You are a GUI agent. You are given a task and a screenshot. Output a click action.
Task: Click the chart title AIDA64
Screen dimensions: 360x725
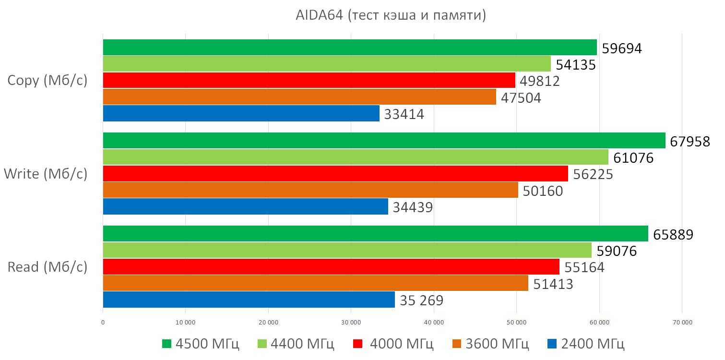coord(391,16)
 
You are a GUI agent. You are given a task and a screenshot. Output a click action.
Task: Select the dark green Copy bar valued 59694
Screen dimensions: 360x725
coord(350,48)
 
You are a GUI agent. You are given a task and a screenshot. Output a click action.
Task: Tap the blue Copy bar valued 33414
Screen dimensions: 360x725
coord(241,113)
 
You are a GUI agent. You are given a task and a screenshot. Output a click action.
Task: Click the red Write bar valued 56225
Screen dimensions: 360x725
coord(335,174)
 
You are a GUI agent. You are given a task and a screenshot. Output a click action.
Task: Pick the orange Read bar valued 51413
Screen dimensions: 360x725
coord(315,283)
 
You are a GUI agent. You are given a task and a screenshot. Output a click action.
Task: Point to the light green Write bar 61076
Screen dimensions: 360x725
coord(356,157)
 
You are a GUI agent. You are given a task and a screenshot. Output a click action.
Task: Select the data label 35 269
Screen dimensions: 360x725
coord(421,300)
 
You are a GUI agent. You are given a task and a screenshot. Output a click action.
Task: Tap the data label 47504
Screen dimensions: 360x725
coord(521,98)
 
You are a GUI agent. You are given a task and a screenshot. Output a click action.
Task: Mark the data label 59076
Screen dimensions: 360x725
coord(617,251)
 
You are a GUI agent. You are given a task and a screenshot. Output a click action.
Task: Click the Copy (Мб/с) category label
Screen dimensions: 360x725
coord(48,80)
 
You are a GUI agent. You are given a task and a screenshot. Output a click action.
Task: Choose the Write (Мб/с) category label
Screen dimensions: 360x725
coord(46,173)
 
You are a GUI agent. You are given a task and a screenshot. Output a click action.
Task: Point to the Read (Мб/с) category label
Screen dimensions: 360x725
coord(48,266)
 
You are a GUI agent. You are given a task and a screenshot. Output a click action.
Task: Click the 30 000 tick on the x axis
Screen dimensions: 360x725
coord(351,323)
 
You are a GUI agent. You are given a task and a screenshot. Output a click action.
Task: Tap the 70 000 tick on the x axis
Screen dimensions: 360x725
coord(682,323)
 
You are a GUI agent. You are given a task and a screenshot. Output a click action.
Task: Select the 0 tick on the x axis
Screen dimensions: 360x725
coord(103,323)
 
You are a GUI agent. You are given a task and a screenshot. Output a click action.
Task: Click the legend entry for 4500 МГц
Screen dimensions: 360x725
coord(201,344)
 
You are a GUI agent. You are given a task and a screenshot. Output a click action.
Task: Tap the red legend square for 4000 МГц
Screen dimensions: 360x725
coord(357,344)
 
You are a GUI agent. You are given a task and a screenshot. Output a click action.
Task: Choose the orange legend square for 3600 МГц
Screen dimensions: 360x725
coord(457,344)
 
